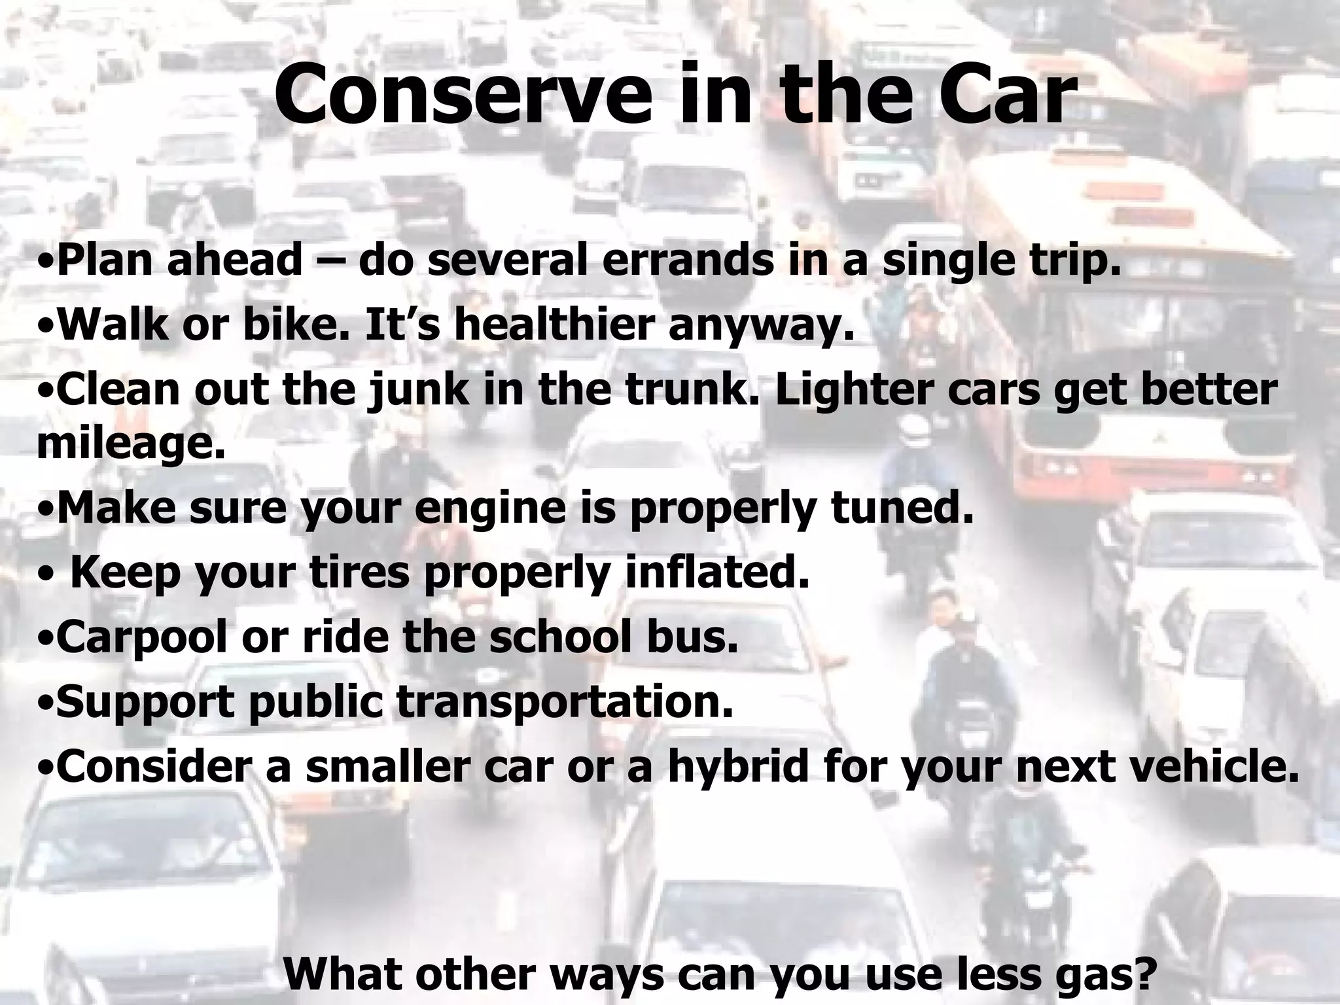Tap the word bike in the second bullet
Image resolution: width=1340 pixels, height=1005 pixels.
coord(295,324)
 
